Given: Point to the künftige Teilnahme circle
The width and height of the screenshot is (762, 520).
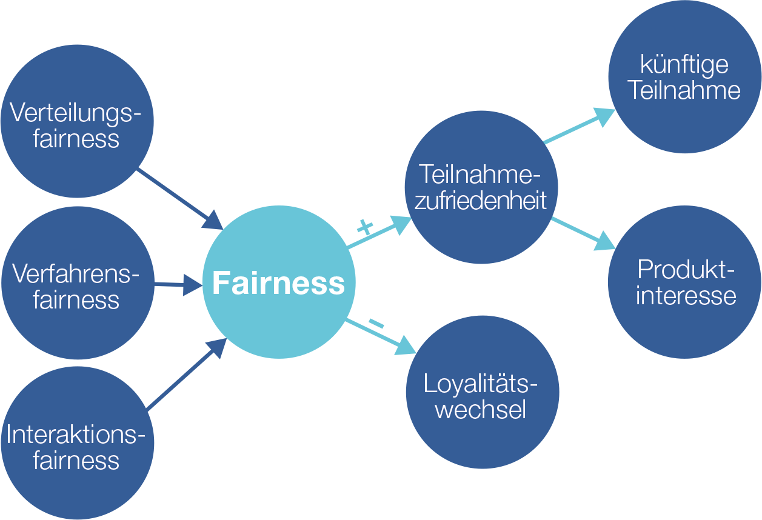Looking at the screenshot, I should pos(684,77).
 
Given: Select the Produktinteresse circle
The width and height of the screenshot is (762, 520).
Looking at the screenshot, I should pos(684,282).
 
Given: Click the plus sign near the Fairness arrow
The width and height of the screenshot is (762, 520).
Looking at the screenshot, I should pos(364,227).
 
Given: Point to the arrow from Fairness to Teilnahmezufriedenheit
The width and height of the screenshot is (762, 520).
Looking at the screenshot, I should pos(379,233).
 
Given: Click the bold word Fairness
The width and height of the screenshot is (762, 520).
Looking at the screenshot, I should pos(278,283).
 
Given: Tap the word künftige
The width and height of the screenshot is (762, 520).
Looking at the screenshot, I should pos(684,65).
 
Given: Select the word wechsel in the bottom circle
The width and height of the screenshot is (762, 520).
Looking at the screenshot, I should pos(481,410).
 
